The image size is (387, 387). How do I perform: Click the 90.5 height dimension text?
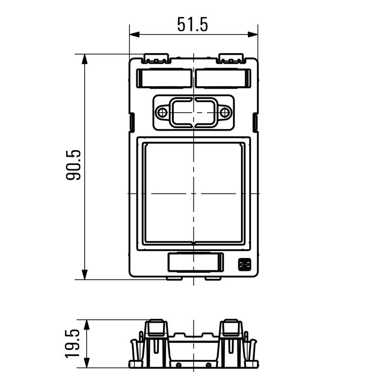point(74,165)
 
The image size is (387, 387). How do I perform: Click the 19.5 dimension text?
point(73,343)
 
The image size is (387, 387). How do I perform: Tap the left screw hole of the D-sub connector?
point(163,113)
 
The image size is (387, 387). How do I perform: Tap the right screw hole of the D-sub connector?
point(224,113)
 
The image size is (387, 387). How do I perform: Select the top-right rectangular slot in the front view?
point(223,78)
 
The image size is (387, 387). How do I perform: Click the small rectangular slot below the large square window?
point(194,263)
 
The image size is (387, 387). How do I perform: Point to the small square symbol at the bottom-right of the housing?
point(243,264)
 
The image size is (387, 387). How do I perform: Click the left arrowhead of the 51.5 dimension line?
point(134,35)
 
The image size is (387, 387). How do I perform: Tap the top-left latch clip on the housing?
point(156,59)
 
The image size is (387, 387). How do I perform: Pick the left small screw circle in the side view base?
point(179,364)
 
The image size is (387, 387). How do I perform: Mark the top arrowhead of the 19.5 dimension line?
point(87,323)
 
